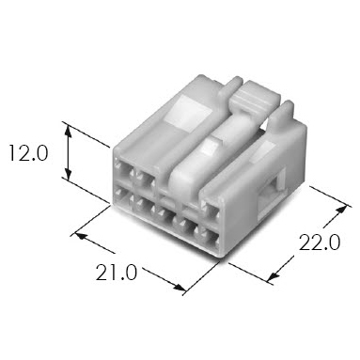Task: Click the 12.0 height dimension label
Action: pyautogui.click(x=28, y=153)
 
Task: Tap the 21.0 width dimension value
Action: pyautogui.click(x=117, y=273)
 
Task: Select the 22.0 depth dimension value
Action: pyautogui.click(x=320, y=243)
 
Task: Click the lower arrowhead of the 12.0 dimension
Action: pyautogui.click(x=69, y=173)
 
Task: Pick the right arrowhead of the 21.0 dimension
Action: pyautogui.click(x=178, y=287)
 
